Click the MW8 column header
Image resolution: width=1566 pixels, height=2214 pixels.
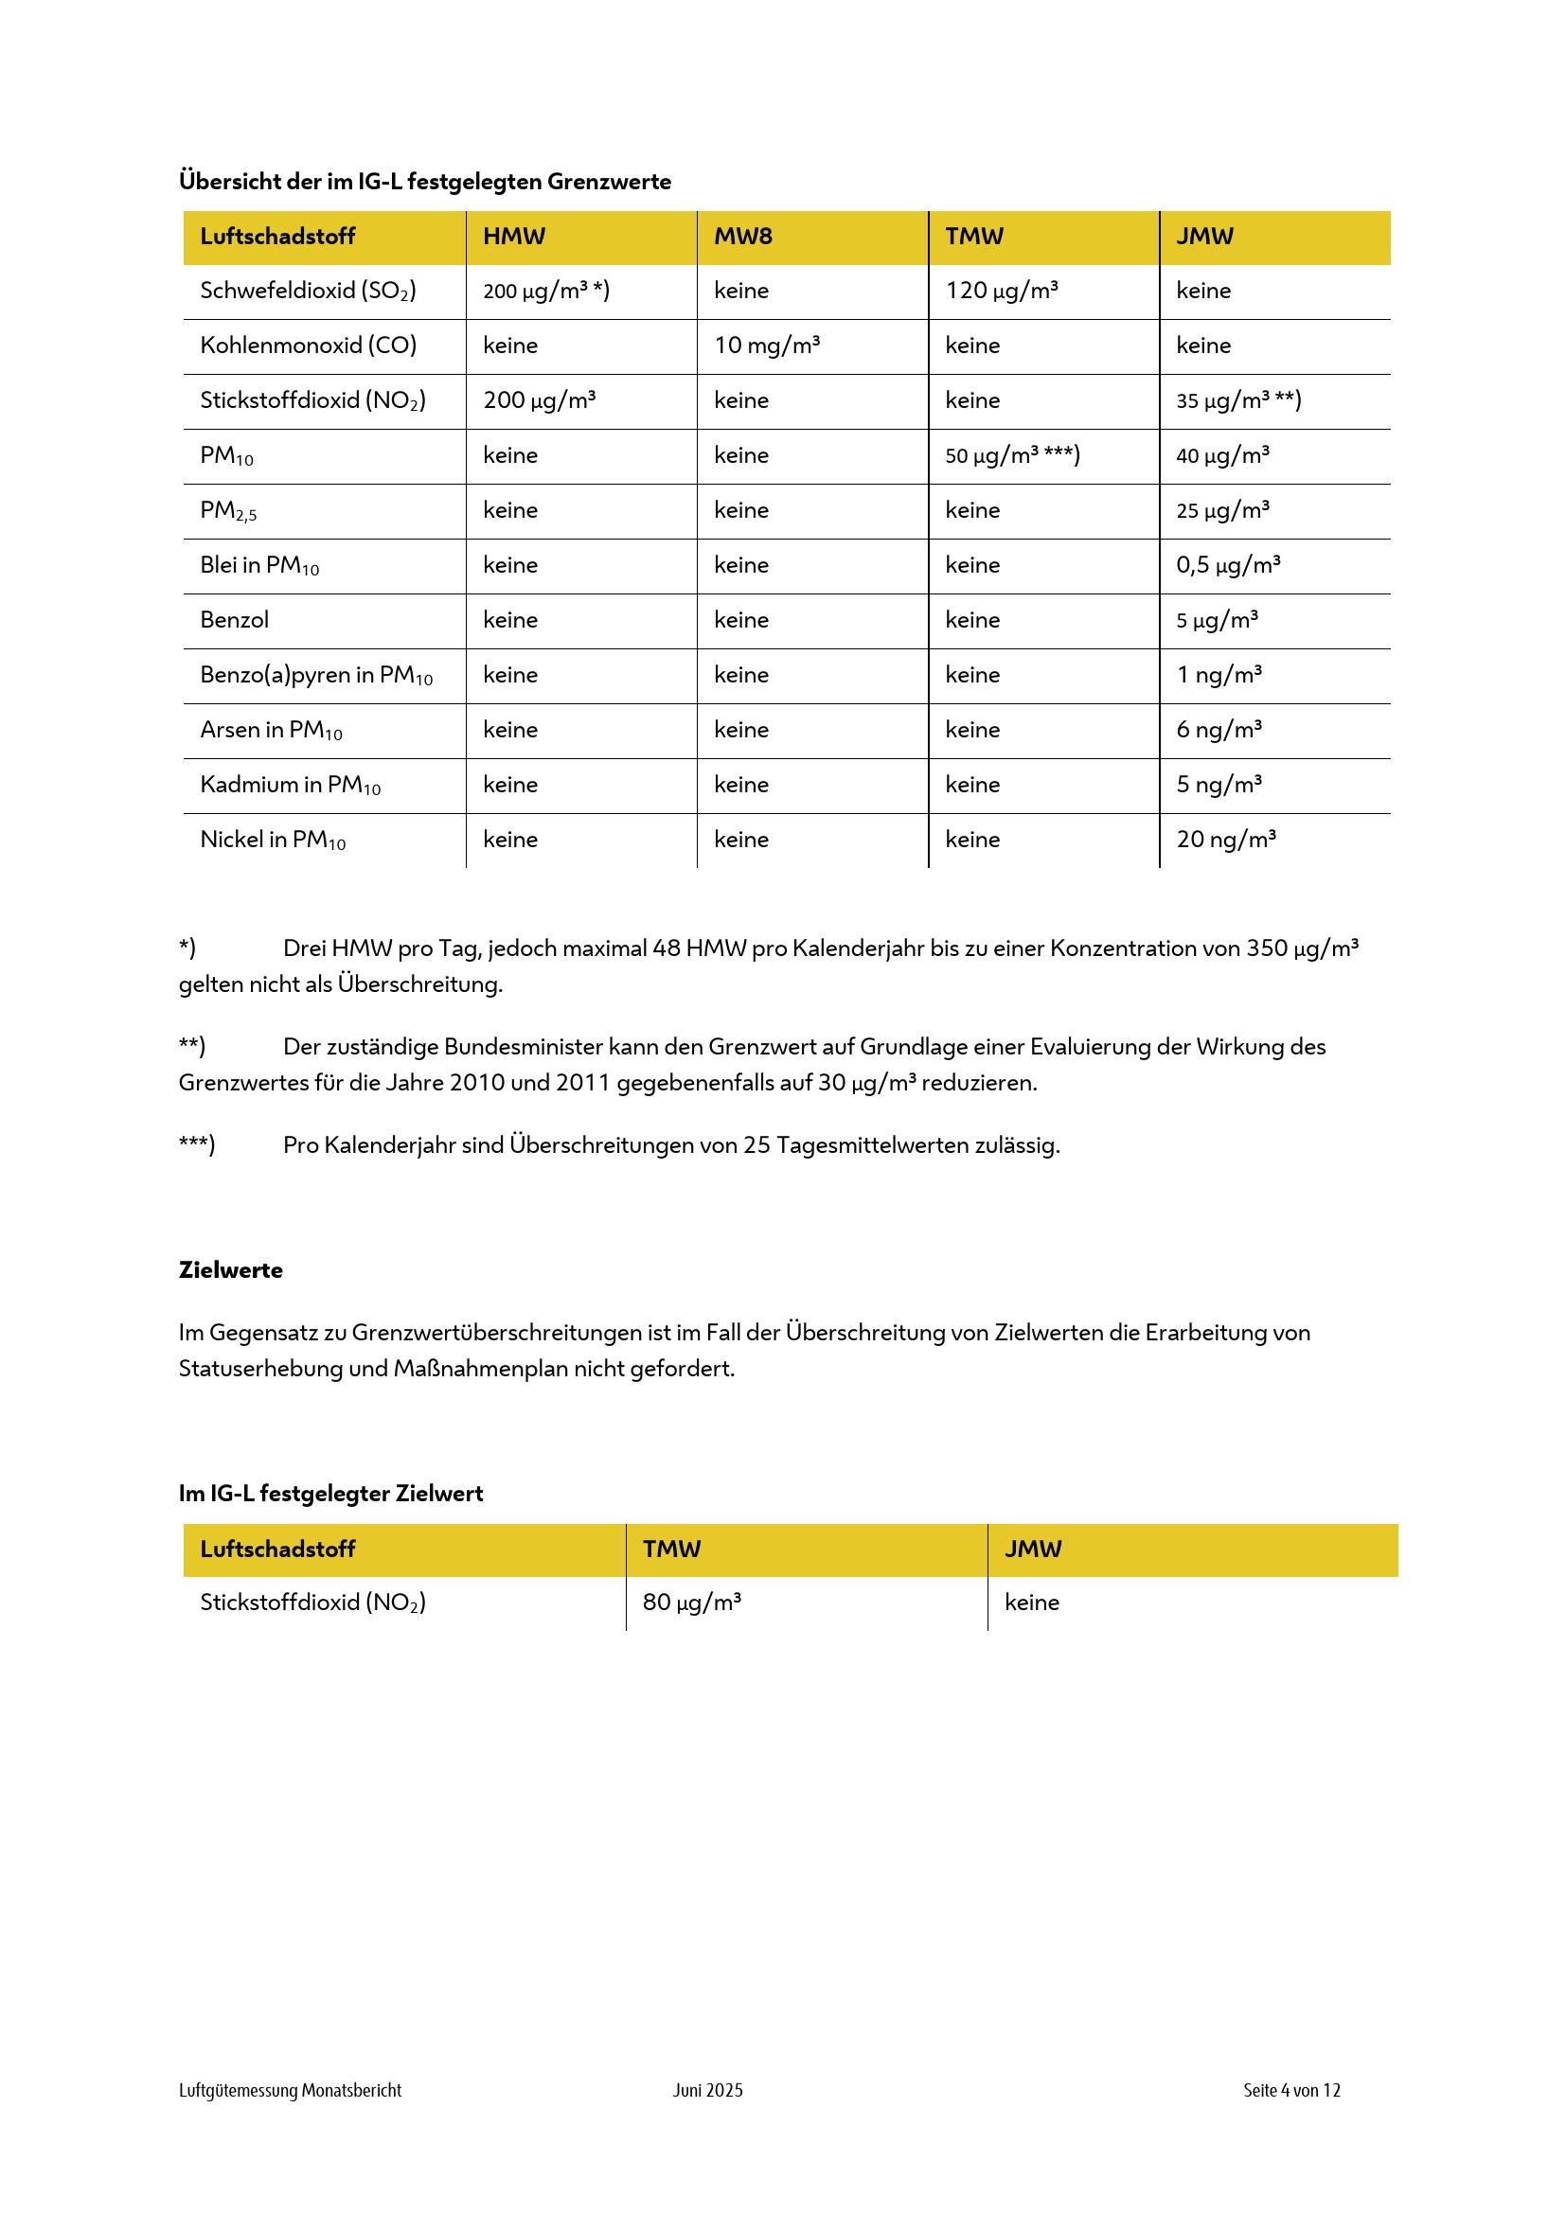click(742, 237)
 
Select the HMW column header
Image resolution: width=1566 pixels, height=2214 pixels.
click(514, 237)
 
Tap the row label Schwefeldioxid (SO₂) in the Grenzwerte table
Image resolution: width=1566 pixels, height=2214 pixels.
click(308, 292)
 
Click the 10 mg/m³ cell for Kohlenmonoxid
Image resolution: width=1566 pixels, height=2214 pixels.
click(767, 345)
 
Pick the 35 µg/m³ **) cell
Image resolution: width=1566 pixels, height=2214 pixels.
click(1238, 400)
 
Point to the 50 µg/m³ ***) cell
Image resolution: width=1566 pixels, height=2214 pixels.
click(1011, 455)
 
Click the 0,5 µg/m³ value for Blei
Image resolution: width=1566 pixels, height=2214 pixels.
click(1228, 565)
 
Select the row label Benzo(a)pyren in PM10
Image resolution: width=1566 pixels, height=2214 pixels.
click(316, 675)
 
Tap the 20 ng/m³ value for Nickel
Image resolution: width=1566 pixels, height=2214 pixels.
click(1225, 839)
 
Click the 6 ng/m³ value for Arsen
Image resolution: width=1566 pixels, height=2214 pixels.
click(1219, 730)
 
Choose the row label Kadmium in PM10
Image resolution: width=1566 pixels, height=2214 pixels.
click(291, 785)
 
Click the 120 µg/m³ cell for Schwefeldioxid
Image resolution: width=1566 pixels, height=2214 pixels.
click(1001, 291)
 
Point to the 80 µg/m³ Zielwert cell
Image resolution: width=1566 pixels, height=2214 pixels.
click(691, 1603)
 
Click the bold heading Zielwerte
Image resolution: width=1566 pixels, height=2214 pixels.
click(230, 1270)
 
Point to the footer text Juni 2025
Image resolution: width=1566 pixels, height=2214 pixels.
click(708, 2091)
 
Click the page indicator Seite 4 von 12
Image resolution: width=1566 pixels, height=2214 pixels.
click(1291, 2091)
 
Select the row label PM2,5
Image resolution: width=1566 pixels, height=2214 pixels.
click(228, 511)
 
